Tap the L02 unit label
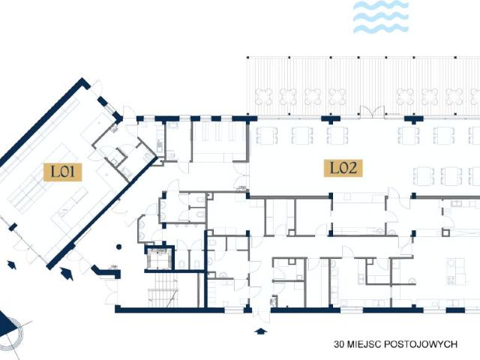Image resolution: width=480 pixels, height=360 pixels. tap(343, 167)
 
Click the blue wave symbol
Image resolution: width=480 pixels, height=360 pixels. tap(381, 16)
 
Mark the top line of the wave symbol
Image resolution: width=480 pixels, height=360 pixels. tap(381, 5)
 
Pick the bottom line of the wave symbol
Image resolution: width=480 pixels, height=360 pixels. tap(381, 28)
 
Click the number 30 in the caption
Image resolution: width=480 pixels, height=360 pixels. tap(340, 345)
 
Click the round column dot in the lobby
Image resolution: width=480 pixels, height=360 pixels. tap(117, 244)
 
